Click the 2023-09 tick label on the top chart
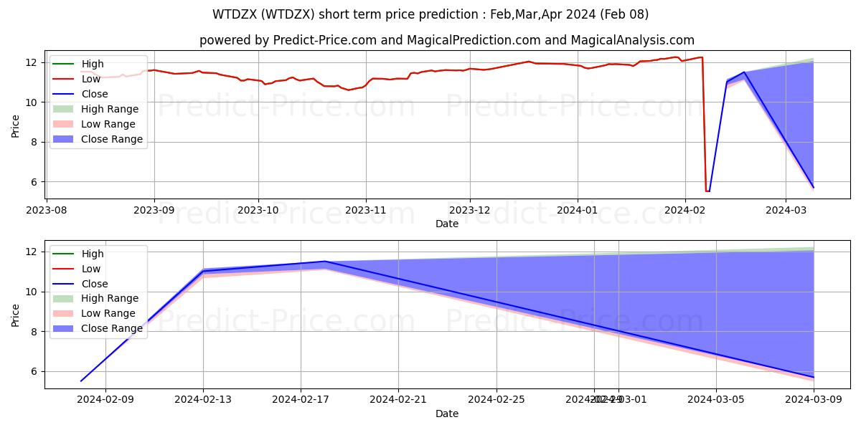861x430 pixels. (x=154, y=210)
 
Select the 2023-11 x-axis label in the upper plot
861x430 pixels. (x=366, y=210)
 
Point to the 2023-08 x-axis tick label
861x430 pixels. (x=48, y=210)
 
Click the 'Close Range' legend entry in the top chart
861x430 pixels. (x=112, y=139)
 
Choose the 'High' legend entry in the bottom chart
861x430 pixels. (x=93, y=254)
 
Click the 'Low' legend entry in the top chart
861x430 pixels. (x=91, y=79)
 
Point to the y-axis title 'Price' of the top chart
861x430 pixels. (x=17, y=125)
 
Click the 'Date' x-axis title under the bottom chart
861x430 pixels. (x=447, y=414)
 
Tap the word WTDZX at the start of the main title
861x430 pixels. (x=232, y=14)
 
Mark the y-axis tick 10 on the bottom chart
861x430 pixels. (x=32, y=292)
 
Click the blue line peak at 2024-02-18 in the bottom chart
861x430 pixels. (x=324, y=262)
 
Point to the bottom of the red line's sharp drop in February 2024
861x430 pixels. (x=707, y=191)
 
